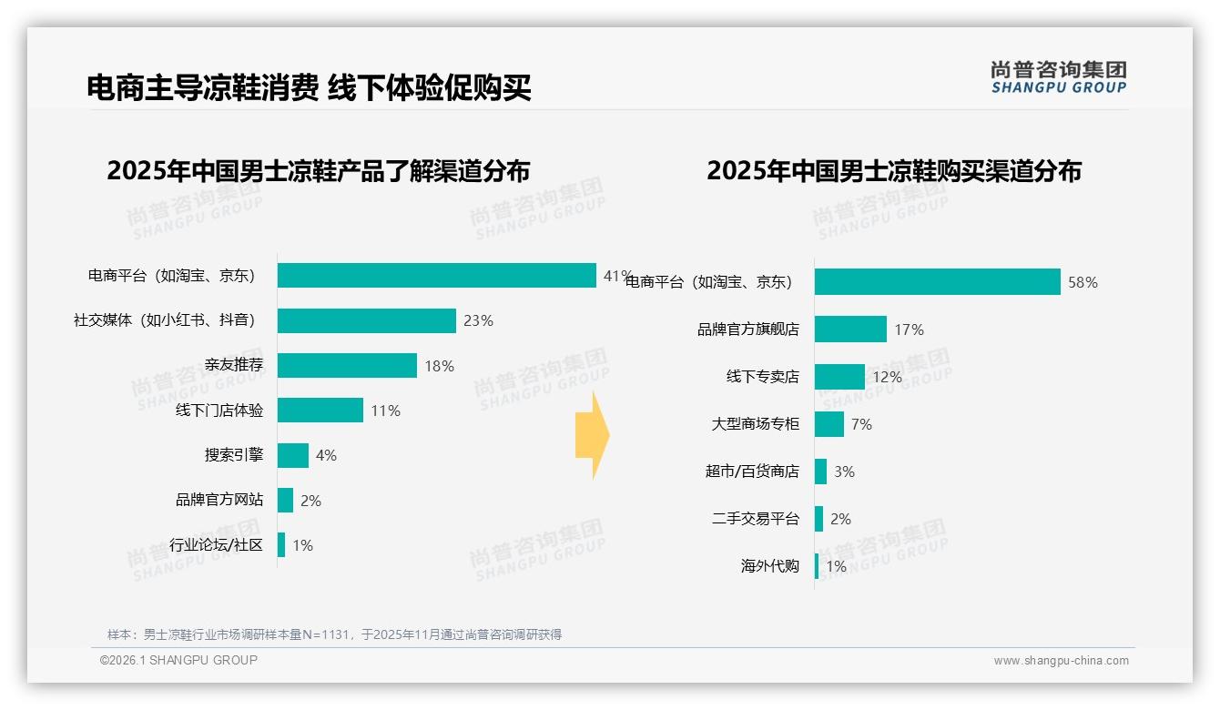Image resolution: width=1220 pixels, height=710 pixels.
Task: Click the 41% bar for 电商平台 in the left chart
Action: tap(436, 275)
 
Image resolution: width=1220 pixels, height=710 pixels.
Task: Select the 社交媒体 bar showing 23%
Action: tap(366, 320)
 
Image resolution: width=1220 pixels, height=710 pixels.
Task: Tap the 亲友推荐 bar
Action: tap(347, 365)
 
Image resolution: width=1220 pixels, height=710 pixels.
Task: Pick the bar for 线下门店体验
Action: tap(320, 411)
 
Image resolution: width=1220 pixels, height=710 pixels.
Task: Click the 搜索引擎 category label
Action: tap(234, 455)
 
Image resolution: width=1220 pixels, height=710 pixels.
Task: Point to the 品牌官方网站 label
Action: tap(219, 500)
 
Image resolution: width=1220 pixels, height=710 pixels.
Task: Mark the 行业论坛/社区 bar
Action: tap(281, 545)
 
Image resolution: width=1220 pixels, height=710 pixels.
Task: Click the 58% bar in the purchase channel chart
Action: tap(937, 282)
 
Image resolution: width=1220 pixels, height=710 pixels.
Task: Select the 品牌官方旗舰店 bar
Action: tap(850, 330)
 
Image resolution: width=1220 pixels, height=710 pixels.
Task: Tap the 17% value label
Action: tap(909, 330)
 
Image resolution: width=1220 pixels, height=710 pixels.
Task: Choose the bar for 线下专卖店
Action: tap(839, 377)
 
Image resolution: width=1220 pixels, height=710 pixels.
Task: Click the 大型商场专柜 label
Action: tap(756, 424)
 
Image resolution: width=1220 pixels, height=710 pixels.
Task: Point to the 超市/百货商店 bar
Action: tap(820, 472)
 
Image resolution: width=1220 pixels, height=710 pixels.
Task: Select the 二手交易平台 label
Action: tap(756, 519)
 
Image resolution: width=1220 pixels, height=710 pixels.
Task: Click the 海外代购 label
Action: tap(770, 566)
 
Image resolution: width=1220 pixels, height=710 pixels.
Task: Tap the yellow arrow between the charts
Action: tap(593, 435)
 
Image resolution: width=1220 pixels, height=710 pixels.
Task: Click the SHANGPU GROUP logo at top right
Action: tap(1058, 77)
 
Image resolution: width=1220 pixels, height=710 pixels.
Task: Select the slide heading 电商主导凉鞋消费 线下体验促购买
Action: tap(309, 88)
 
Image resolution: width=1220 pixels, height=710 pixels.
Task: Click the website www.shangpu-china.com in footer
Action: tap(1061, 661)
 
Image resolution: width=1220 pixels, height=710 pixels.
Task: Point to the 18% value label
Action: tap(439, 366)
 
